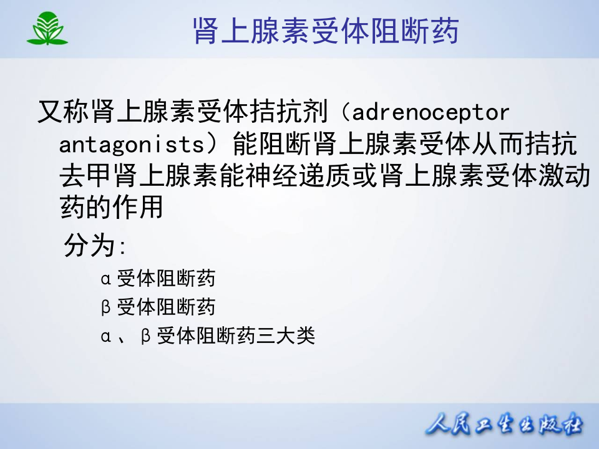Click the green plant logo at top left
click(47, 29)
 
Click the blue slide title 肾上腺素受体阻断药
click(325, 31)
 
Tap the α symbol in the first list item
click(105, 278)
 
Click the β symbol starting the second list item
click(105, 307)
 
